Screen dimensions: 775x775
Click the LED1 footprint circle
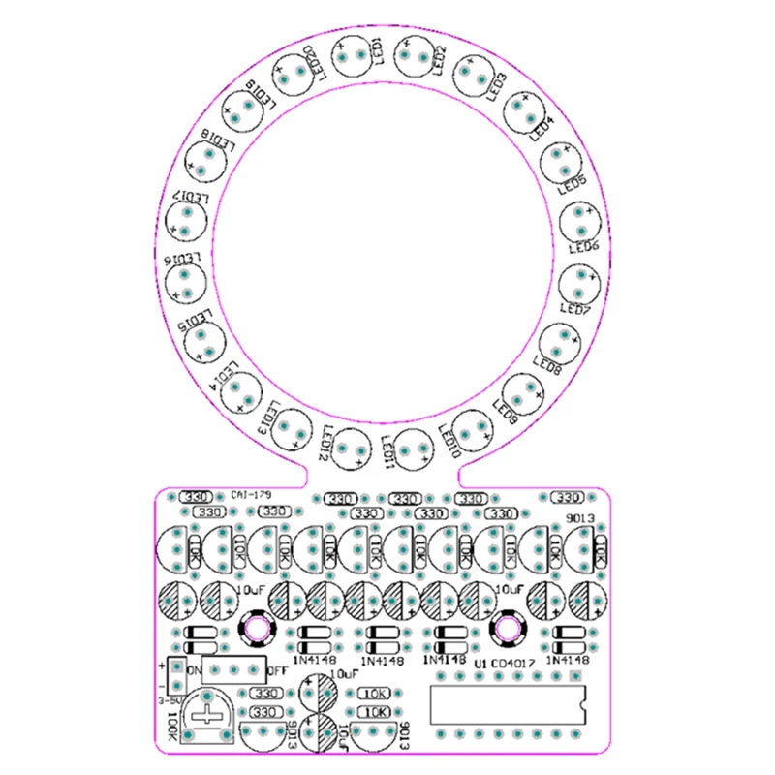coord(355,55)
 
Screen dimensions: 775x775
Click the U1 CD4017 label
coord(504,664)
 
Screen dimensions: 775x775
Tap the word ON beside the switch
coord(193,669)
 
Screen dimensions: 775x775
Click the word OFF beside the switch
coord(278,669)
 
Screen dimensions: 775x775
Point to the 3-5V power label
coord(170,698)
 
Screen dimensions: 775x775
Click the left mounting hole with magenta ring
coord(258,628)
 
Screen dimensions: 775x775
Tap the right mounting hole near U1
coord(506,628)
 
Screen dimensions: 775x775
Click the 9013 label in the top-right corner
coord(579,520)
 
